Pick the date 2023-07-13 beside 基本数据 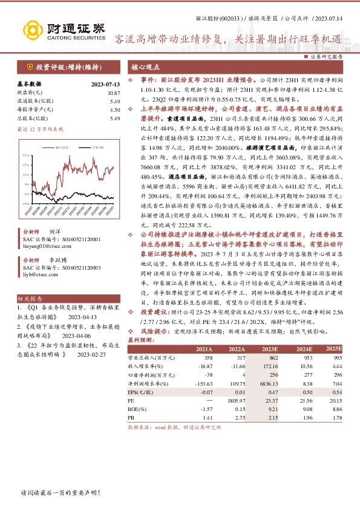coord(105,84)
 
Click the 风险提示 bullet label coord(154,348)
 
